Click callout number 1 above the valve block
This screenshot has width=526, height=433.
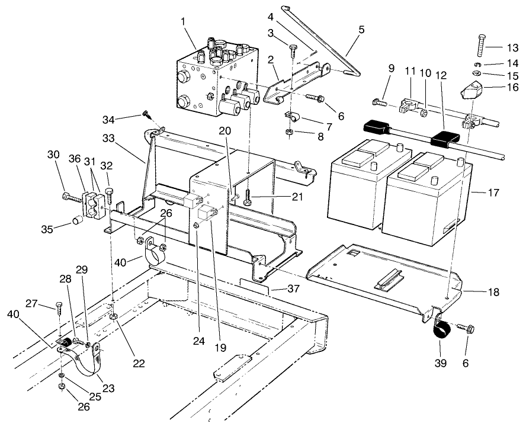[x=183, y=21]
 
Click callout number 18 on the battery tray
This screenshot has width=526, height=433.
[x=493, y=292]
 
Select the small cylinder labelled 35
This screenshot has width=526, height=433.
[x=76, y=222]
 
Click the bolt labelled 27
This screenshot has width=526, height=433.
[x=59, y=306]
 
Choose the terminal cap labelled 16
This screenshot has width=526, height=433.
[x=471, y=92]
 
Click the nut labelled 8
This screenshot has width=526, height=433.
[x=288, y=133]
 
